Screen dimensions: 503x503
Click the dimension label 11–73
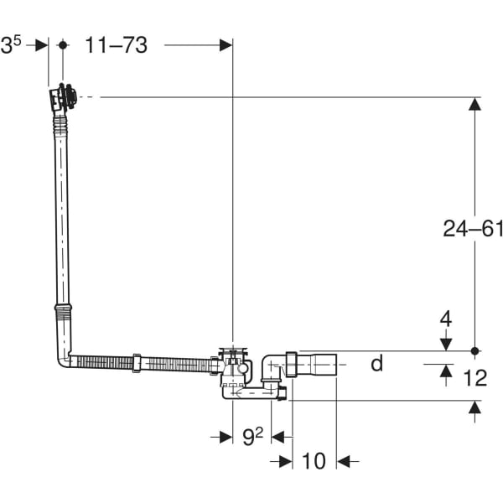click(117, 45)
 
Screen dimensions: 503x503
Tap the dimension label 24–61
click(473, 229)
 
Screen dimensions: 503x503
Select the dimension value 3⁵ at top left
click(11, 45)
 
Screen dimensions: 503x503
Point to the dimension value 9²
click(252, 437)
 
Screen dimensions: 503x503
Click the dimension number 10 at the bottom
click(314, 461)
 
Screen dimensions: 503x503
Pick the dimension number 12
click(475, 377)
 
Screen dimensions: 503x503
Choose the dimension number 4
click(446, 319)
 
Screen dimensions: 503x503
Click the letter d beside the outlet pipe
click(377, 363)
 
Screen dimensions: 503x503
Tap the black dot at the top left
click(63, 45)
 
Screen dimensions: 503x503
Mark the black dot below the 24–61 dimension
click(474, 351)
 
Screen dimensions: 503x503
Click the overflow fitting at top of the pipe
click(63, 97)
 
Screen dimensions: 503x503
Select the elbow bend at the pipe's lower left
click(64, 360)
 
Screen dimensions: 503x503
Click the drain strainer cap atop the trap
click(233, 350)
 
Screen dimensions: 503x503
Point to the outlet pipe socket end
click(324, 365)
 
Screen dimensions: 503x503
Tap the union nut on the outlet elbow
click(291, 365)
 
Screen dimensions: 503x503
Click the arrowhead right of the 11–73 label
click(226, 45)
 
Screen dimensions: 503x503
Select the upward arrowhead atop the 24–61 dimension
click(474, 104)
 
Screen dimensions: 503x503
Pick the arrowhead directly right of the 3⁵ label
click(42, 45)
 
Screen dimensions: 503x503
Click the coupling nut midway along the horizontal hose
click(137, 363)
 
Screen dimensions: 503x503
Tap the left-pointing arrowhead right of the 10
click(344, 462)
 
